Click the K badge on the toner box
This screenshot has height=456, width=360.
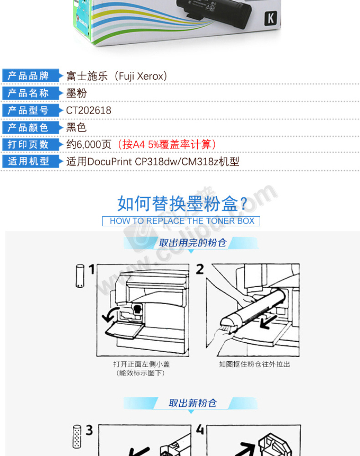tap(271, 19)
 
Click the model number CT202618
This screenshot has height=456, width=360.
tap(88, 110)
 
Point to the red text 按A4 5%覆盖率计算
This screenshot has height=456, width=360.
tap(167, 145)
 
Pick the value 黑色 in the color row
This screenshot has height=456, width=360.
tap(77, 127)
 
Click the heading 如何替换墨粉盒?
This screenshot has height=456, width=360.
tap(182, 203)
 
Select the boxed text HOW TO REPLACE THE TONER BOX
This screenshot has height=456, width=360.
tap(182, 221)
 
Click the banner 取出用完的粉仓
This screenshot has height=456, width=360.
tap(192, 243)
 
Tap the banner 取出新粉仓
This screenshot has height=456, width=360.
tap(193, 404)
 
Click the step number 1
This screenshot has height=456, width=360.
tap(92, 269)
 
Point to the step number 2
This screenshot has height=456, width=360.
tap(200, 269)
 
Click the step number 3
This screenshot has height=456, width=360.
tap(89, 430)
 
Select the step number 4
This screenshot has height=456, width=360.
tap(200, 430)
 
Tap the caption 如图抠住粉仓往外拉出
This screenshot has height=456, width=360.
tap(255, 364)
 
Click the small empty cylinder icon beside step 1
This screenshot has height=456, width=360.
tap(80, 276)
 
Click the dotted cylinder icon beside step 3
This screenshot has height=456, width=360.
tap(77, 436)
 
